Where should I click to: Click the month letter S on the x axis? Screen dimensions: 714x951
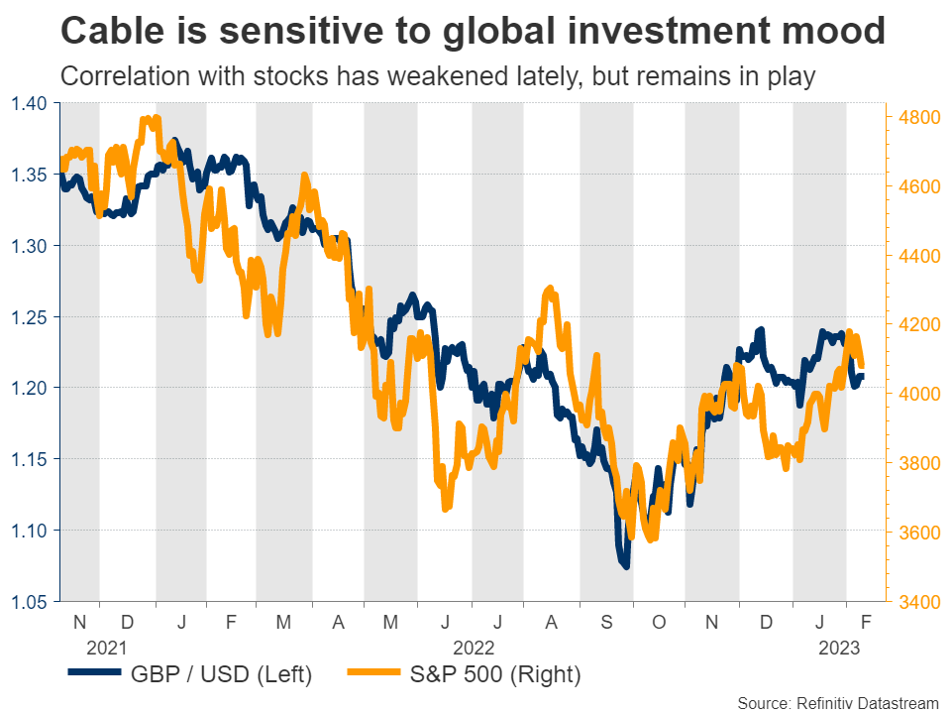(605, 622)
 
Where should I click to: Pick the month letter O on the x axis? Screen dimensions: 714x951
(659, 622)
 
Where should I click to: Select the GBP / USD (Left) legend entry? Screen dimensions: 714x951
(189, 675)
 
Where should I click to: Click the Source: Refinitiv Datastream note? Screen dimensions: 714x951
(838, 702)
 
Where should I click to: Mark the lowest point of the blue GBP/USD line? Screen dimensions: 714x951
(625, 566)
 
